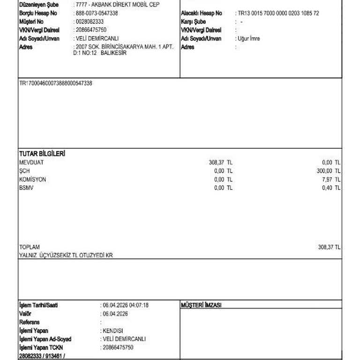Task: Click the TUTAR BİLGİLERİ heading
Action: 42,154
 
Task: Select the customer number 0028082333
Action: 90,22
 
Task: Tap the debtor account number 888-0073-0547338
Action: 97,13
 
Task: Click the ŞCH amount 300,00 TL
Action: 329,171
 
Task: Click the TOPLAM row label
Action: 30,247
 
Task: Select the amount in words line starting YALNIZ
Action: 66,255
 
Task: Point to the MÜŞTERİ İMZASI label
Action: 201,305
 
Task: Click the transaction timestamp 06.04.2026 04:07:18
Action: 125,305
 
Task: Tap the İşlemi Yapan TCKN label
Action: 41,347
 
